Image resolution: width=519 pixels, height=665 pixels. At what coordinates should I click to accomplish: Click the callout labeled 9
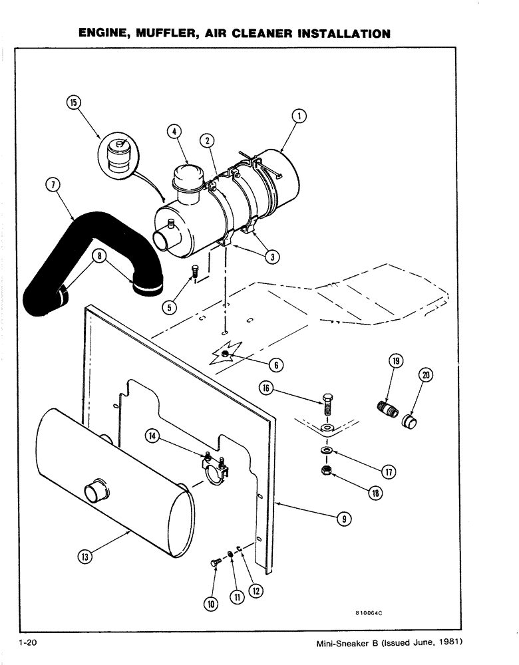(x=343, y=519)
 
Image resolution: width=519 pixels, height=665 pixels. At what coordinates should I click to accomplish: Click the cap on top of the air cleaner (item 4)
(x=188, y=178)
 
